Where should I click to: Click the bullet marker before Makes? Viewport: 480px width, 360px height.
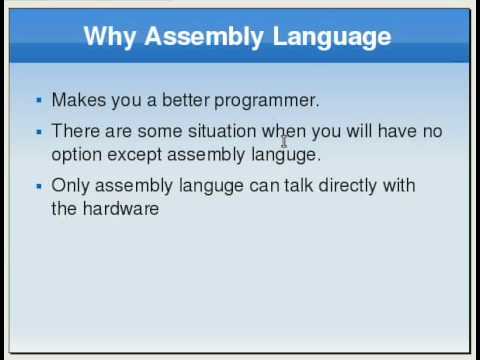point(38,100)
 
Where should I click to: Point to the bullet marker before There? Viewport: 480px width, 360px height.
point(38,131)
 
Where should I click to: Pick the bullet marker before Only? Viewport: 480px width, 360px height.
point(38,186)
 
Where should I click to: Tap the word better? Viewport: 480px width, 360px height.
point(182,100)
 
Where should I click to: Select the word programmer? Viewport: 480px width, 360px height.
point(267,100)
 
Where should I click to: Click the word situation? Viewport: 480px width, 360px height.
point(225,131)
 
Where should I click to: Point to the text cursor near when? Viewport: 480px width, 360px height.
point(284,140)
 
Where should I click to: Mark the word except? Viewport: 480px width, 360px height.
point(135,155)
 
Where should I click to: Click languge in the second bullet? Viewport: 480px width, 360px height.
point(286,155)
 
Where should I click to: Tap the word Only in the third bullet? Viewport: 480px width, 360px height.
point(69,185)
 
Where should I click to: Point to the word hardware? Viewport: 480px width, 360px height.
point(121,209)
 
